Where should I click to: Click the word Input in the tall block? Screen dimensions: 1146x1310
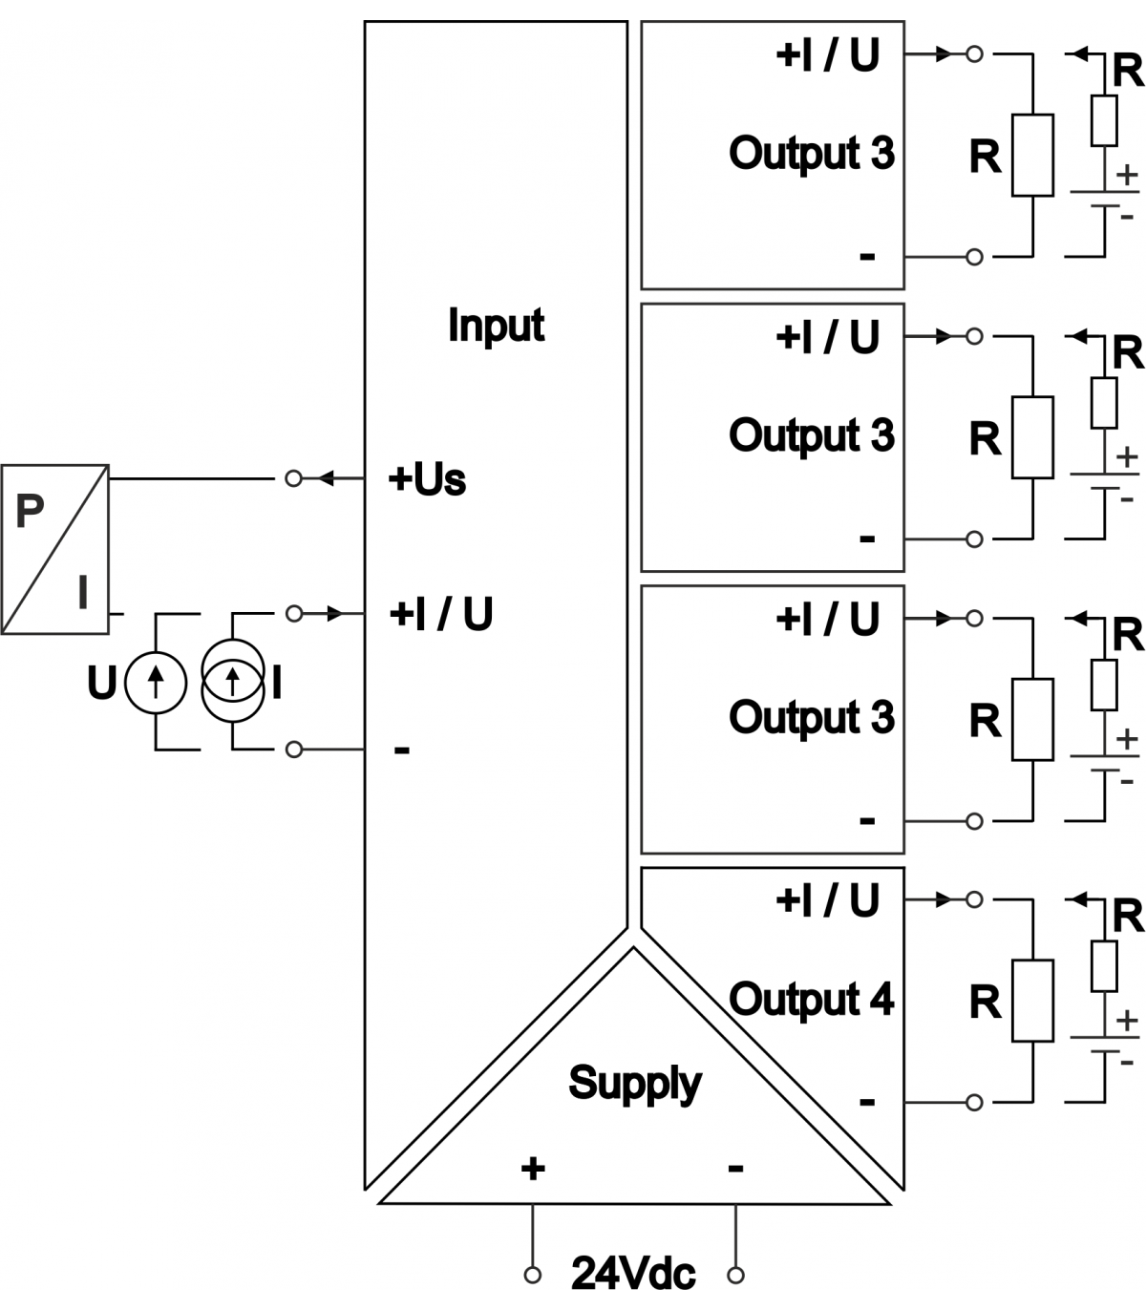(497, 326)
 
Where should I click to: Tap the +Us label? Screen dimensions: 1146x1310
(427, 479)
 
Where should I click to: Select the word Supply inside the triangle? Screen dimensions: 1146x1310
(634, 1083)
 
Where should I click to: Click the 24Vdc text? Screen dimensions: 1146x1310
(633, 1274)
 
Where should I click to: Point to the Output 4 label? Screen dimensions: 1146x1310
(811, 1000)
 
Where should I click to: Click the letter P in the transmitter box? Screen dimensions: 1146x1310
(30, 511)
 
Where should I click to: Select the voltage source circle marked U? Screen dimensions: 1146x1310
(156, 684)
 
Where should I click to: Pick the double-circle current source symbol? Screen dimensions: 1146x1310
(233, 681)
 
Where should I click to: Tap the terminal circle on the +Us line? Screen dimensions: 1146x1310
(293, 478)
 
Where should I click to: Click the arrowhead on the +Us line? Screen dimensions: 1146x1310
(326, 478)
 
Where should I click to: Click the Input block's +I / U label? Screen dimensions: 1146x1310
(441, 614)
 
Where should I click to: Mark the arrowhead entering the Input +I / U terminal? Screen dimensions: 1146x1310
(335, 614)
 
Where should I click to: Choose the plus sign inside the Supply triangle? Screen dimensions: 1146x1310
(533, 1169)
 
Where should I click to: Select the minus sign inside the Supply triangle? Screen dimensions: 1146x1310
(735, 1169)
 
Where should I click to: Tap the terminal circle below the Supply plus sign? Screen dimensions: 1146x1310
(533, 1275)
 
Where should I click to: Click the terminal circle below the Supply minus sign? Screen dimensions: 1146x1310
(735, 1275)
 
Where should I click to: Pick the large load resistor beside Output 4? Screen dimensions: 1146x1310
(1032, 1001)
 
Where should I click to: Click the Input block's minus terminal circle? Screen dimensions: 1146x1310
(294, 750)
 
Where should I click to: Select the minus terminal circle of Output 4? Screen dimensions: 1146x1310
(974, 1103)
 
